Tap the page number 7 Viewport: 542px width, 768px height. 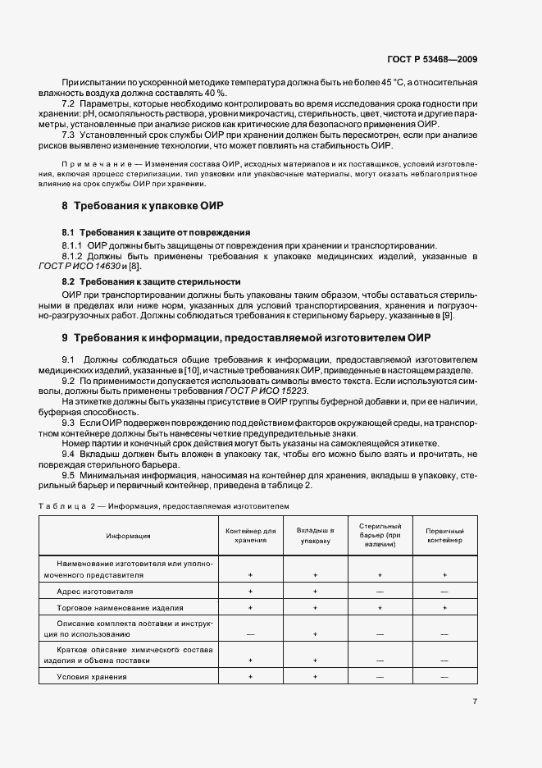475,702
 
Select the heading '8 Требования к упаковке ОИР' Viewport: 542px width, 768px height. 143,204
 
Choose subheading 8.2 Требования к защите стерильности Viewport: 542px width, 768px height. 152,281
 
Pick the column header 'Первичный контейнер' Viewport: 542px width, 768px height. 444,536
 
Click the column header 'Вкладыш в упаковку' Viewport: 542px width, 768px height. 315,536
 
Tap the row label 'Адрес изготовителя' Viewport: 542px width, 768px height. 94,591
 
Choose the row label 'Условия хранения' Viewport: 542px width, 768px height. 92,675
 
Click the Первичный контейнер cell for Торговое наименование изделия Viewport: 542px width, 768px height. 444,608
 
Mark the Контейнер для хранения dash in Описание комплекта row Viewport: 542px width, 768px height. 250,633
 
